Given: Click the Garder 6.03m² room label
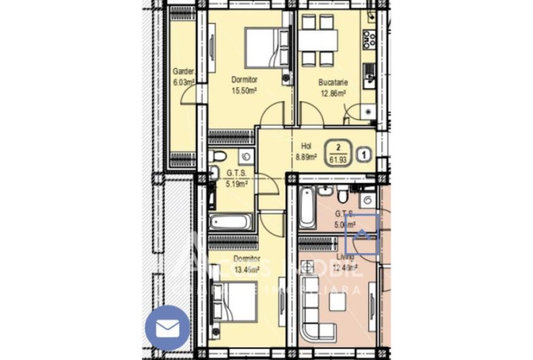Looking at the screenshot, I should coord(183,76).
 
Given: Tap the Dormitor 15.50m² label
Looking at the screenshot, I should coord(244,85).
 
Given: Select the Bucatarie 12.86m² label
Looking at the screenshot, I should coord(332,87).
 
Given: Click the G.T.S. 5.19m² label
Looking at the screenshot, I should coord(237,177).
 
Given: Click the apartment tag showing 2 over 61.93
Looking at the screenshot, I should coord(338,152).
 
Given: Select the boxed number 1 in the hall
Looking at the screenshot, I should coord(364,152).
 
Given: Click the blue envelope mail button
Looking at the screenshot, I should coord(167,327).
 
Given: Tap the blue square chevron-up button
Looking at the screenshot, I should coord(362,234).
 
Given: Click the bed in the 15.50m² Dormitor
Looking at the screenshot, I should coord(260,48).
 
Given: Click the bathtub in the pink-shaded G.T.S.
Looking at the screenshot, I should coord(307,207).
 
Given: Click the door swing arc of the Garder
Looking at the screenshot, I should coord(188,95).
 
